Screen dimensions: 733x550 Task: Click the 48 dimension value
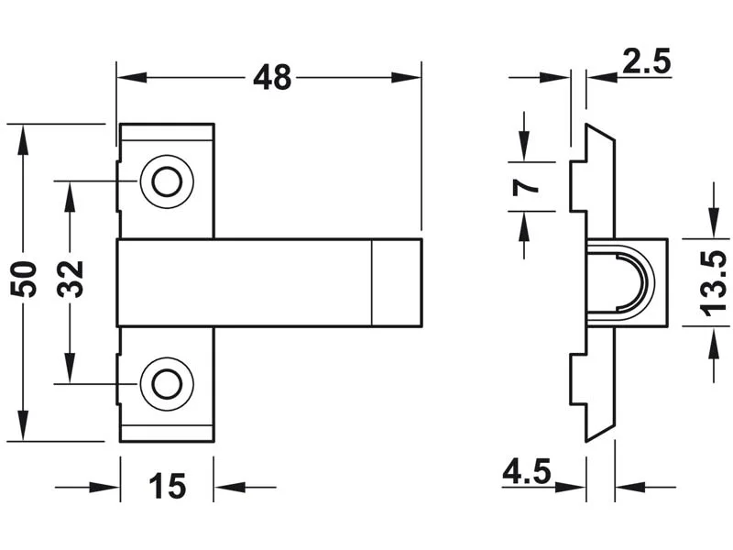[272, 78]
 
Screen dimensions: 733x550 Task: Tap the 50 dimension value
[24, 280]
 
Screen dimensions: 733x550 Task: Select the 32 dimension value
[71, 280]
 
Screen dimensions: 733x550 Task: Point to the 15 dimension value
[168, 486]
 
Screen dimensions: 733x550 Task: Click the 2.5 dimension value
[647, 60]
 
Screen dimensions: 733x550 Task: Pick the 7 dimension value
[525, 187]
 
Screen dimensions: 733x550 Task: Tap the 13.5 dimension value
[713, 283]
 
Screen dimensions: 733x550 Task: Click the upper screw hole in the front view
[167, 181]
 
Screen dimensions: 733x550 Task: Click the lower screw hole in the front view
[167, 384]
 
